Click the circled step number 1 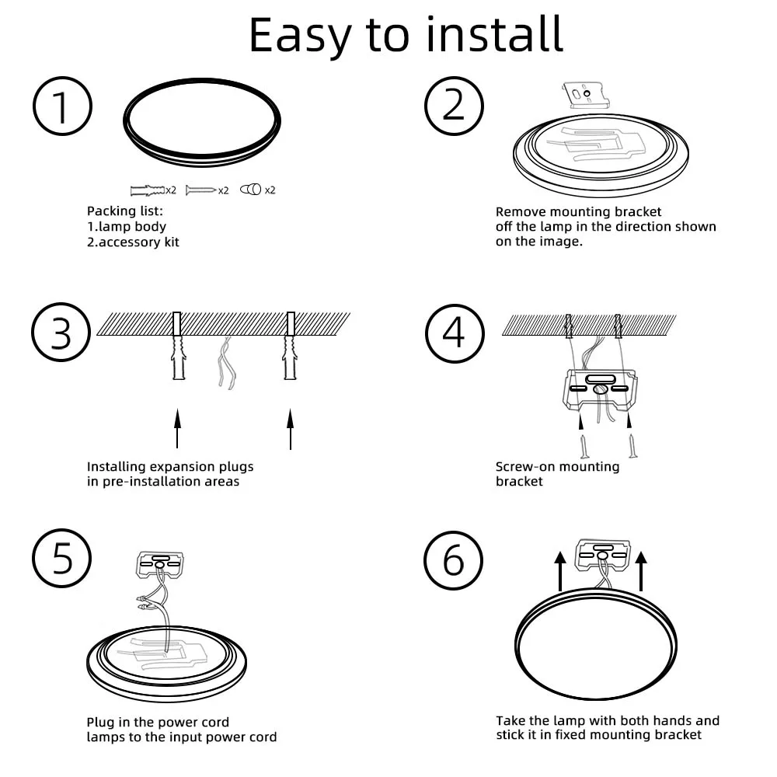click(62, 106)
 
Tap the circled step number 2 click(454, 106)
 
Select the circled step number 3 click(61, 332)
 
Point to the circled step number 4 click(455, 333)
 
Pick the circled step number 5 click(62, 559)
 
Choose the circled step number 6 click(454, 560)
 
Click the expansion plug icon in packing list click(147, 190)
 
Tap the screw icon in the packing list click(200, 190)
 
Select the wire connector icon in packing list click(251, 190)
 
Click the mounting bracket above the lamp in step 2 click(586, 95)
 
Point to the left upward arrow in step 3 click(177, 429)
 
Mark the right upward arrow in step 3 click(291, 429)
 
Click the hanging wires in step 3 click(226, 363)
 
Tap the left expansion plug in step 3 click(179, 357)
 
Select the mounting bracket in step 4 click(600, 389)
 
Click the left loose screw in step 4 click(585, 446)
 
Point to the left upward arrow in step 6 click(560, 571)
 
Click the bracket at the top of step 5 click(160, 564)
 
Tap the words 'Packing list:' click(125, 211)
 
